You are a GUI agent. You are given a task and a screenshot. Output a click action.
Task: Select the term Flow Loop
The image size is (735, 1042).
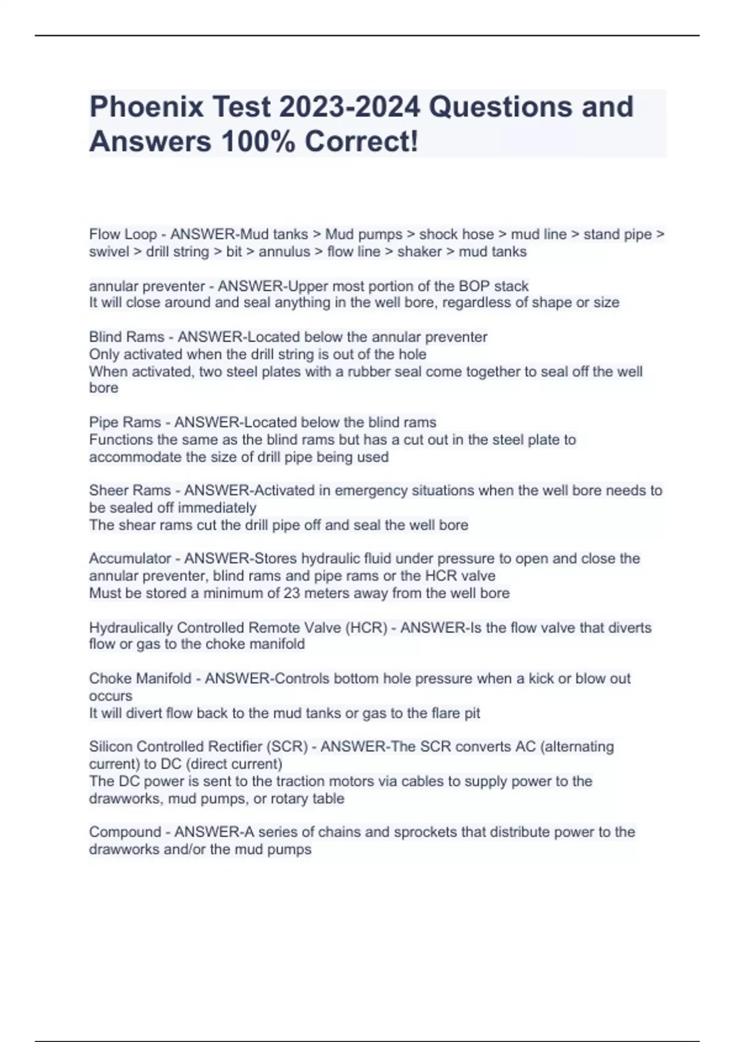tap(123, 234)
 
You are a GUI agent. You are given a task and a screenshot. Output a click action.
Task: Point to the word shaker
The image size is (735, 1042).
tap(420, 251)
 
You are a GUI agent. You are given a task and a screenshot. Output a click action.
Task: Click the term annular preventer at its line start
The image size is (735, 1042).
tap(147, 286)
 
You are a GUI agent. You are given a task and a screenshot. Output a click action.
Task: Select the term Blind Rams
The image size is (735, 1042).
tap(127, 337)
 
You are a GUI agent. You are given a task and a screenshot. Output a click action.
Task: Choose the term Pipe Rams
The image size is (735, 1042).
tap(125, 422)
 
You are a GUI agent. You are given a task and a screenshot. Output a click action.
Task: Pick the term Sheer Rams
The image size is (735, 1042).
tap(130, 490)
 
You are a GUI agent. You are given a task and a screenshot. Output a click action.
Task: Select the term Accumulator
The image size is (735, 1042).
tap(130, 558)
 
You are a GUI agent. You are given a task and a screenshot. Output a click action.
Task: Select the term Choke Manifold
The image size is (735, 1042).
tap(140, 679)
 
